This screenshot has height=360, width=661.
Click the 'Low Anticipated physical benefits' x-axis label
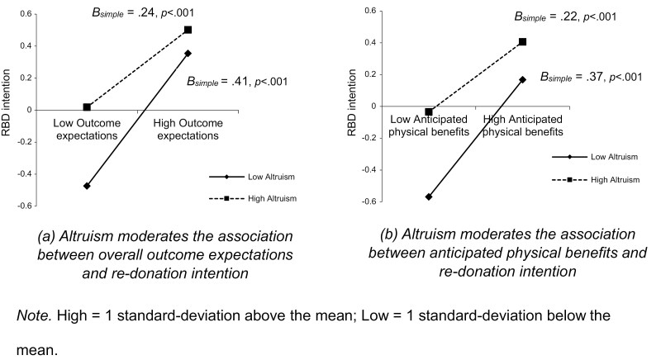[429, 126]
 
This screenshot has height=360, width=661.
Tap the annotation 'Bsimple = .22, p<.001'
[564, 15]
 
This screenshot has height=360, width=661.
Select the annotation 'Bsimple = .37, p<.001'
[591, 76]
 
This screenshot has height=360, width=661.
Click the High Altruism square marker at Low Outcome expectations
[87, 107]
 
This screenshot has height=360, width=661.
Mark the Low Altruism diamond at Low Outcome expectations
[87, 186]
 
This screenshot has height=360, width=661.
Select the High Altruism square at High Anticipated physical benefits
[521, 41]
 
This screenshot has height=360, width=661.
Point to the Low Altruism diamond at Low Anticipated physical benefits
[429, 197]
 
